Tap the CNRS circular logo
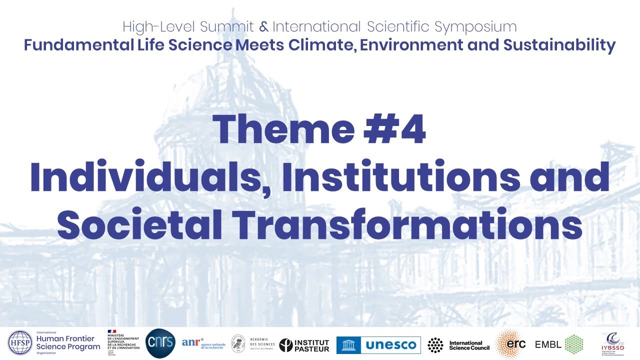pyautogui.click(x=160, y=343)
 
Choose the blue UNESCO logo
pyautogui.click(x=378, y=345)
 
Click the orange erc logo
pyautogui.click(x=510, y=344)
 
